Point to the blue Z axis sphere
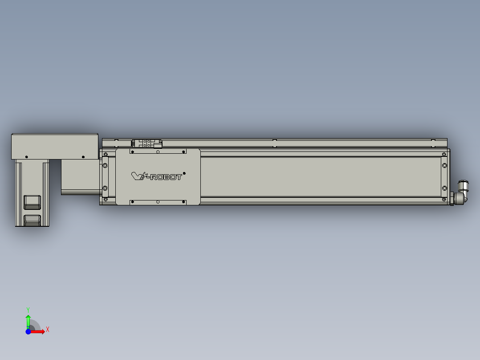click(x=28, y=331)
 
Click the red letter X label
click(x=48, y=330)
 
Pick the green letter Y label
click(x=28, y=309)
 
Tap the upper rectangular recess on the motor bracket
click(x=33, y=202)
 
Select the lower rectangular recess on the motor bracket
click(x=33, y=220)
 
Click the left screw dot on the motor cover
click(x=27, y=157)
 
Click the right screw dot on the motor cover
click(x=83, y=156)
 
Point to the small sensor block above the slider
click(x=146, y=143)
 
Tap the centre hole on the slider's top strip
click(x=158, y=151)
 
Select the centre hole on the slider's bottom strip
click(x=158, y=202)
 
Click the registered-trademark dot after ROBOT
click(x=184, y=173)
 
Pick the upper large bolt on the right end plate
click(x=444, y=166)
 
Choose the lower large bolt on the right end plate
click(x=444, y=188)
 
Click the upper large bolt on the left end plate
click(x=105, y=166)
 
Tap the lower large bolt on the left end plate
click(x=105, y=188)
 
